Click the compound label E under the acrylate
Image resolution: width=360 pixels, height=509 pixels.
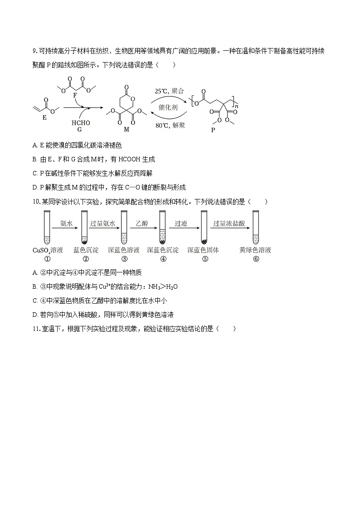point(44,117)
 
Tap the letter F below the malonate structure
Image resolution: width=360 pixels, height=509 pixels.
point(75,96)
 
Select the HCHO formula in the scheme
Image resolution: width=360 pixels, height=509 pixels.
point(81,123)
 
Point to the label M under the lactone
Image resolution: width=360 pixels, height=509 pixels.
point(126,129)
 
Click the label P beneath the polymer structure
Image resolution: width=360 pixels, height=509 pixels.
point(213,130)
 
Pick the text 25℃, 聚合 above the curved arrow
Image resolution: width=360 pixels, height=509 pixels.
point(169,91)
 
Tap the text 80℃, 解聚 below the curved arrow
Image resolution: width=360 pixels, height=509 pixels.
point(170,125)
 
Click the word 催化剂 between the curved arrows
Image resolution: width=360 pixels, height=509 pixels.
point(168,107)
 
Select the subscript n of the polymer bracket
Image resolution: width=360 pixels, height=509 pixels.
point(237,106)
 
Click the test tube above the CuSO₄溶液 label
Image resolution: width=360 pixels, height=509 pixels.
point(48,227)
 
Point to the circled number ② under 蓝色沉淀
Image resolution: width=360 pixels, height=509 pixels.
point(86,259)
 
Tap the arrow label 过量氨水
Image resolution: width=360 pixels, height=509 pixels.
point(102,223)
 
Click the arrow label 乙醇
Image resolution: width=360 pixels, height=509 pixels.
point(142,223)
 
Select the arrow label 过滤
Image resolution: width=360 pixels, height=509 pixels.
point(181,223)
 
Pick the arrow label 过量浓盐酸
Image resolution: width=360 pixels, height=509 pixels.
point(229,223)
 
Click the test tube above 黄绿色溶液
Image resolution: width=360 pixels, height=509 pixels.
point(256,227)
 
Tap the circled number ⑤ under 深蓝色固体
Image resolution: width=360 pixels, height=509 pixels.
point(205,259)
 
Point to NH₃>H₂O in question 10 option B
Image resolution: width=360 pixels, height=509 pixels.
point(163,287)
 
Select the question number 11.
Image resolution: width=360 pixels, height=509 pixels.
point(36,329)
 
